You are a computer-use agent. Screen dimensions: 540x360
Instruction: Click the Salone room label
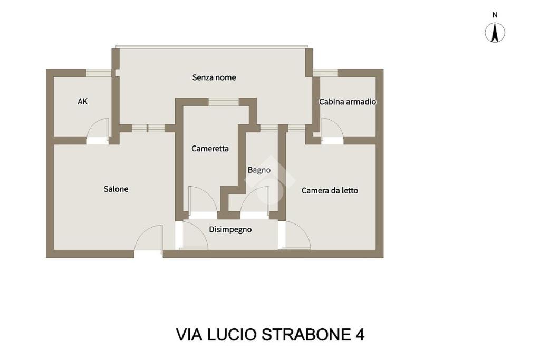(x=116, y=189)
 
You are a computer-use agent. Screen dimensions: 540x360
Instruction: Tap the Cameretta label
(x=210, y=149)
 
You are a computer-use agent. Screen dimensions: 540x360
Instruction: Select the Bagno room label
(x=259, y=170)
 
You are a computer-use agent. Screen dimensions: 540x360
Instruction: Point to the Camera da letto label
(x=330, y=191)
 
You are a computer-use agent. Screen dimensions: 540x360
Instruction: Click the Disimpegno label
(x=230, y=230)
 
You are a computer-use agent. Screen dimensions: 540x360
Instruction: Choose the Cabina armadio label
(x=348, y=102)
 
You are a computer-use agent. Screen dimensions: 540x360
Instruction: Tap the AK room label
(x=83, y=102)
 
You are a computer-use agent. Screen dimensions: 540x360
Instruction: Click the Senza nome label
(x=214, y=77)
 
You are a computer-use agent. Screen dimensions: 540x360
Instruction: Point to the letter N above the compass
(x=495, y=15)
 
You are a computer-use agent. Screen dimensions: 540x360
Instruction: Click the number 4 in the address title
(x=360, y=335)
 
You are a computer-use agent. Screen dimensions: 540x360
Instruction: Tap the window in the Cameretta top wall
(x=224, y=102)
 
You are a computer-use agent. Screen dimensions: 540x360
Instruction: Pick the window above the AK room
(x=99, y=73)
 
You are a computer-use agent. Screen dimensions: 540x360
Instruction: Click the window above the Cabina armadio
(x=325, y=73)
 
